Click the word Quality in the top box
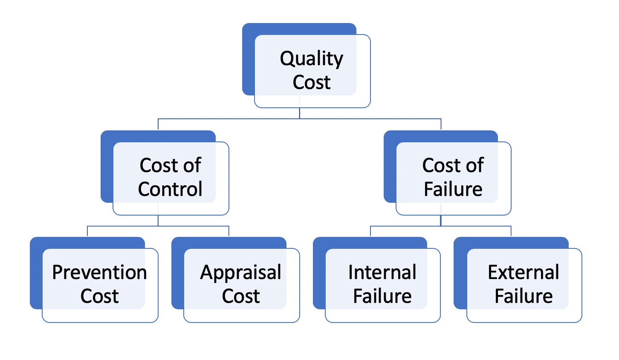(x=311, y=59)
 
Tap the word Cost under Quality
(x=311, y=82)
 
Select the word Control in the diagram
(x=170, y=189)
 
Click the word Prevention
(x=99, y=273)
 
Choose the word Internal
(x=382, y=273)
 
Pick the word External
(x=524, y=273)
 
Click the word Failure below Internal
(x=382, y=296)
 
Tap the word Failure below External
(x=524, y=296)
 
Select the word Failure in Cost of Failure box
(x=453, y=189)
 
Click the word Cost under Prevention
(x=99, y=296)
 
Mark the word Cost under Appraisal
(x=241, y=296)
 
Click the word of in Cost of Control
(x=192, y=165)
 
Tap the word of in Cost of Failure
(x=474, y=165)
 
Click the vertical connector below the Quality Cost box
(x=300, y=112)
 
